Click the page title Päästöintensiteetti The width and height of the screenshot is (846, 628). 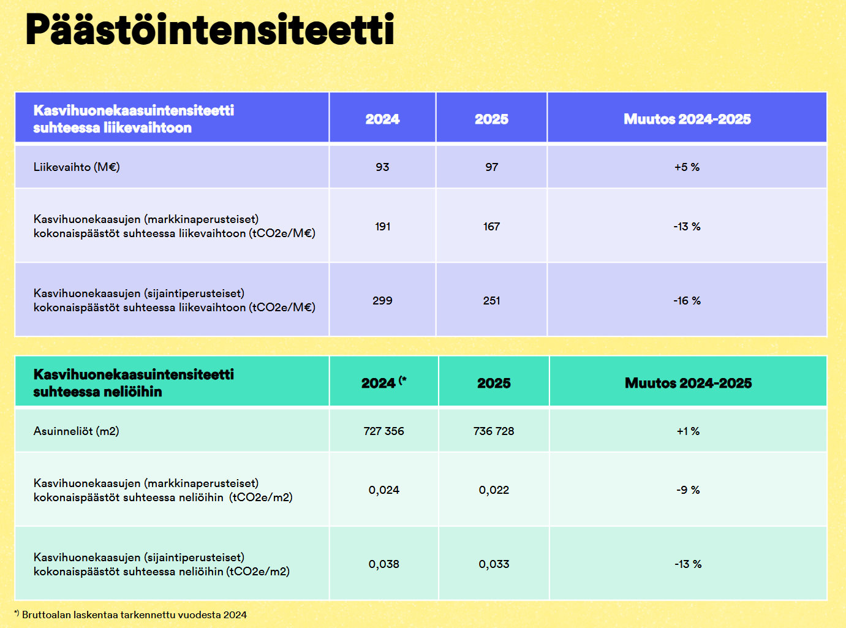coord(210,29)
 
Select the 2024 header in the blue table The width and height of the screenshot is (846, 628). coord(383,119)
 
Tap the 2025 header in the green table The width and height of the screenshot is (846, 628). coord(494,383)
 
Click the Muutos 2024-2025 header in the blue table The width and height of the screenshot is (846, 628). coord(687,119)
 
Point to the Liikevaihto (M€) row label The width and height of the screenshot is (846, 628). coord(77,167)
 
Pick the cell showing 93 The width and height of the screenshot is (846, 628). coord(383,167)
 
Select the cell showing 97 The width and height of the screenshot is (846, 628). coord(492,167)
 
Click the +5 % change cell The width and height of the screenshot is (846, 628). coord(687,167)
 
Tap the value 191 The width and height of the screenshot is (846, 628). coord(383,227)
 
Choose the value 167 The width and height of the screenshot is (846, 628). coord(492,227)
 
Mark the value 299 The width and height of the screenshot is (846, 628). coord(383,301)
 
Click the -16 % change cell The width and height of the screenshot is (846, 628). coord(687,301)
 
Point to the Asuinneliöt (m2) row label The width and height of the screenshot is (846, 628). coord(77,431)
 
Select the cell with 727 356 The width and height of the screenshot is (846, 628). coord(383,431)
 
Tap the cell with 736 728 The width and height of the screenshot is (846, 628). coord(494,431)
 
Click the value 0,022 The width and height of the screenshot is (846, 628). coord(494,490)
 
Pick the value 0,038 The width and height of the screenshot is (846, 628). coord(383,564)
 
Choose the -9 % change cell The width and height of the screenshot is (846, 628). coord(688,490)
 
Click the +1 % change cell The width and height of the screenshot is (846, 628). coord(688,431)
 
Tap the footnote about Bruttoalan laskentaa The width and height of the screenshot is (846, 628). coord(130,615)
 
